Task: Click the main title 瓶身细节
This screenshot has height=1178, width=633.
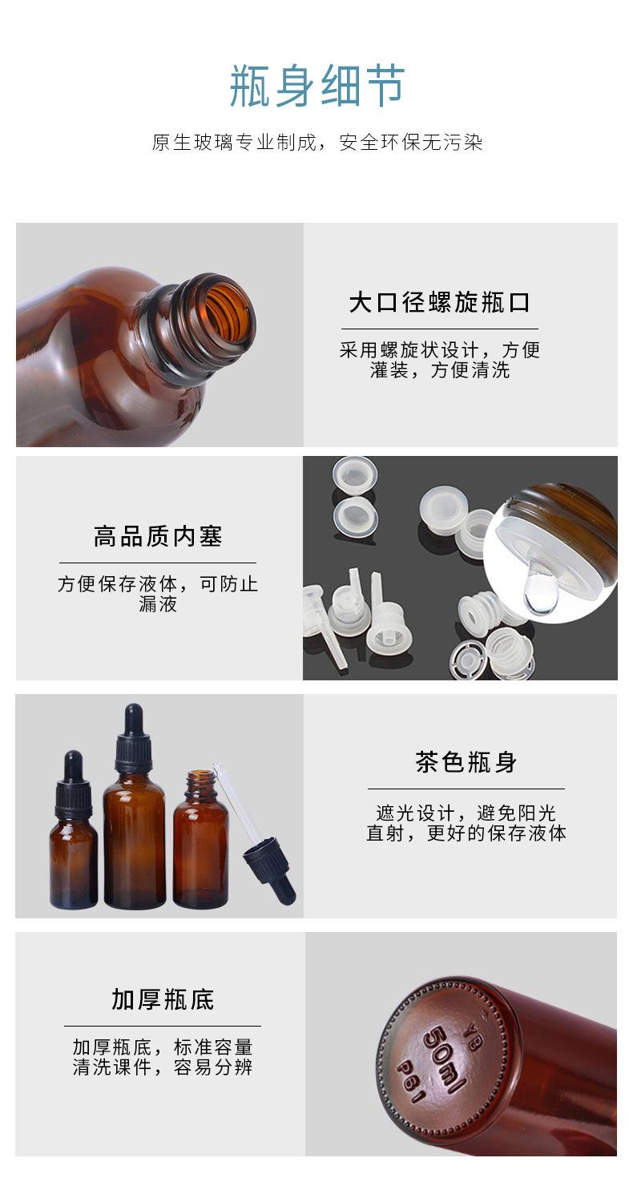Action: tap(317, 87)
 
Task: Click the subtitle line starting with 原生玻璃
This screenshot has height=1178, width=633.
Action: tap(317, 143)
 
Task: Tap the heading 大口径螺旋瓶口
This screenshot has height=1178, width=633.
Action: tap(439, 303)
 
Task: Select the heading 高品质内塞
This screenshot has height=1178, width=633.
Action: tap(158, 537)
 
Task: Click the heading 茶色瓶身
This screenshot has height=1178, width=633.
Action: tap(466, 762)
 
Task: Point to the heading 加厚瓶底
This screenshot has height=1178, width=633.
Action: tap(163, 999)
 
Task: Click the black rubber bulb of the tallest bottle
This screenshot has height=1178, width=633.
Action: tap(133, 718)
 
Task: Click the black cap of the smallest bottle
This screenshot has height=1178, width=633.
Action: tap(73, 797)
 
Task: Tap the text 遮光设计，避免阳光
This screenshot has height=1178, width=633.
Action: tap(466, 813)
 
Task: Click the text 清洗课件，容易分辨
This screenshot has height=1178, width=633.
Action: tap(163, 1067)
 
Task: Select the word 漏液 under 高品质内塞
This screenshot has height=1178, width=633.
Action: tap(158, 604)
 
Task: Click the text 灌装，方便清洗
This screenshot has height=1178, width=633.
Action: tap(439, 370)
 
